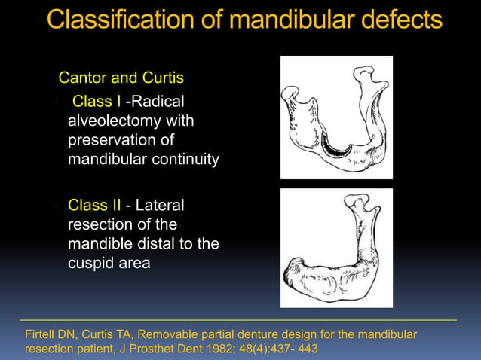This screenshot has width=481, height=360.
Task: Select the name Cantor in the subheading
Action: tap(82, 78)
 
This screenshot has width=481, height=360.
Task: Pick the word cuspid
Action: tap(90, 264)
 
